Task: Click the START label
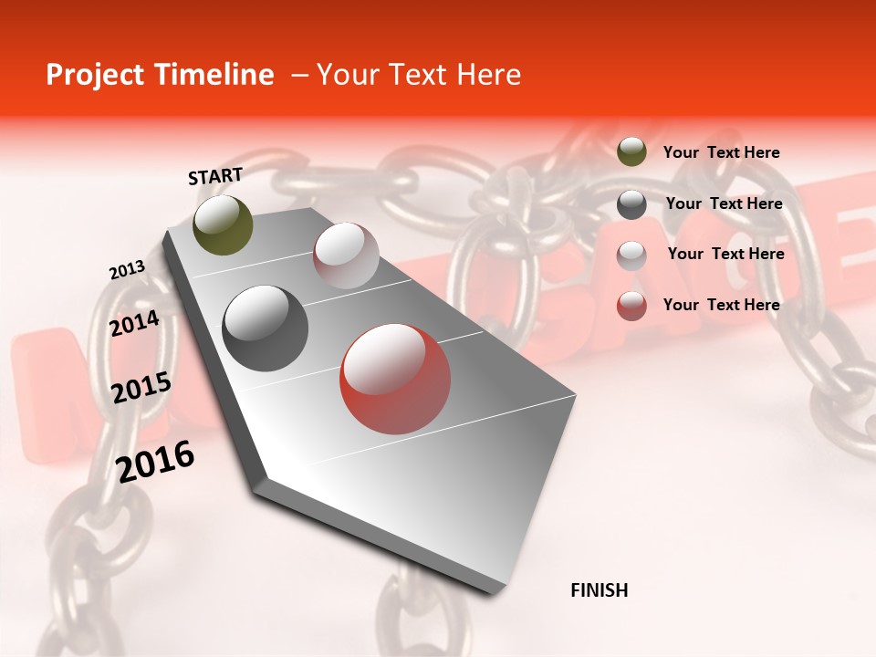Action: (215, 176)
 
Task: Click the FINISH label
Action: (599, 590)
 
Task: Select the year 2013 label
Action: (127, 270)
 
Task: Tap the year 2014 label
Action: (135, 323)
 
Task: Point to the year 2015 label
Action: (141, 389)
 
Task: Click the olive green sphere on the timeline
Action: (223, 224)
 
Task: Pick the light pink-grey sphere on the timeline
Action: (346, 255)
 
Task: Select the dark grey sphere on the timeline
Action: (266, 328)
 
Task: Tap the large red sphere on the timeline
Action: (395, 379)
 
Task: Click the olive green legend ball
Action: (631, 152)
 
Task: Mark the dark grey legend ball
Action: (631, 204)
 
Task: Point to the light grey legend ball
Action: (631, 255)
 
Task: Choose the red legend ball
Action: (631, 306)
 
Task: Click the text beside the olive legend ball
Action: (721, 153)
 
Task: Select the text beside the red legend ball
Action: (721, 305)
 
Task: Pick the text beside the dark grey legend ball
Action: (724, 203)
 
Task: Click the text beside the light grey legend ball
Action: (725, 254)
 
